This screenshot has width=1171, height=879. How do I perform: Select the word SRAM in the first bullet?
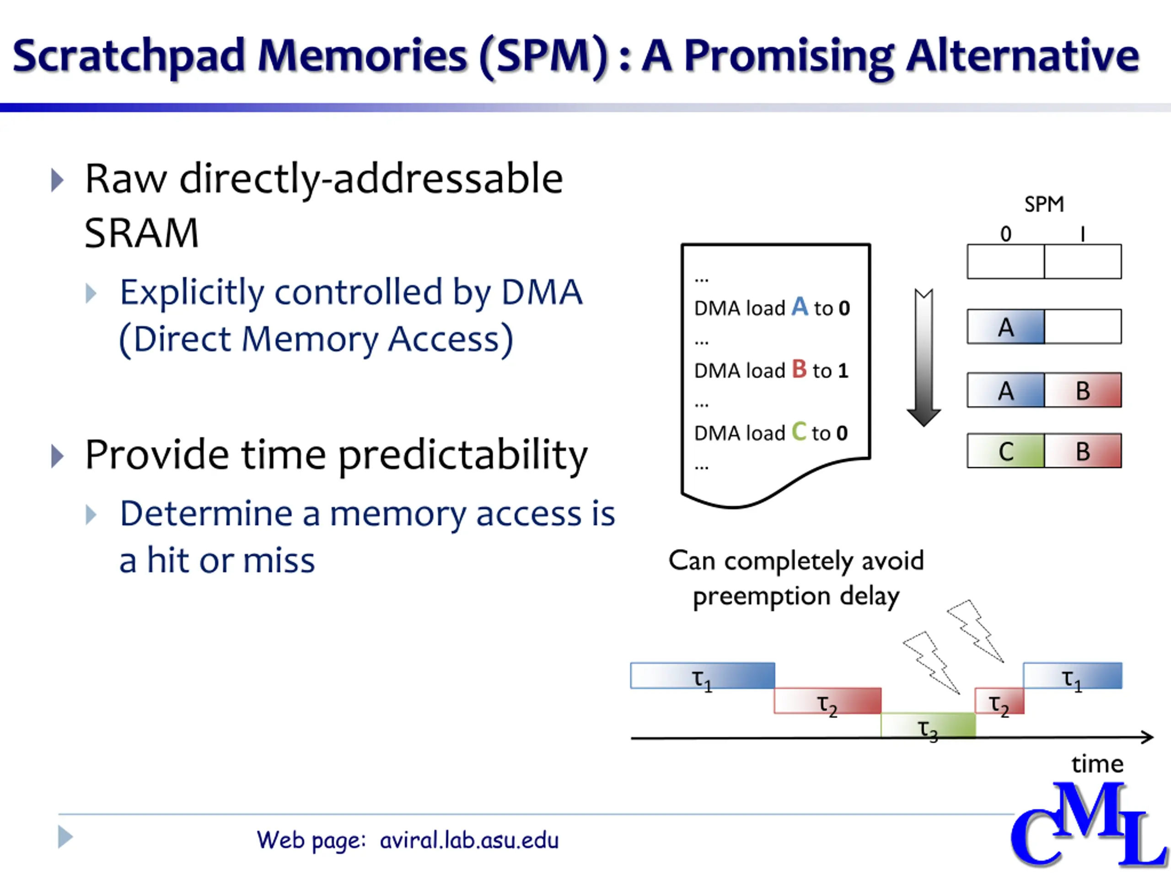141,233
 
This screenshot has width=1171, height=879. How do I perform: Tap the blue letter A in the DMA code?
800,307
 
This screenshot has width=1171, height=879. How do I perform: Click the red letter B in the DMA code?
799,369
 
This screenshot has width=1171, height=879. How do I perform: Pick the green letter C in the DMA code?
799,432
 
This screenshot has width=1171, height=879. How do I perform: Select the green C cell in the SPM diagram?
1005,451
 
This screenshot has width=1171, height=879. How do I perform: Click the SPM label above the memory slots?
1043,205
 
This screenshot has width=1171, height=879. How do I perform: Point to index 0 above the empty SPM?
1005,233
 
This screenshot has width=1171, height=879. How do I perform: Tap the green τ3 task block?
928,725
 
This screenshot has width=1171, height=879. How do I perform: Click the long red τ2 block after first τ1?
827,701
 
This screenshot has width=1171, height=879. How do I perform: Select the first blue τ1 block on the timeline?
703,676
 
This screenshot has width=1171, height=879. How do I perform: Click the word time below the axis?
1097,764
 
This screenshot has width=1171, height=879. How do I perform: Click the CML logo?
1088,826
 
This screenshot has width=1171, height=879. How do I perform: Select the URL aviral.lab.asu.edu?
469,841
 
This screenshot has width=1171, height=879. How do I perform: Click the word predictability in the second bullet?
463,456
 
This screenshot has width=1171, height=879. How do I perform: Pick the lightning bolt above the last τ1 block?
975,630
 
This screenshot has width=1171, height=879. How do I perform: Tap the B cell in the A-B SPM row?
1083,391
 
